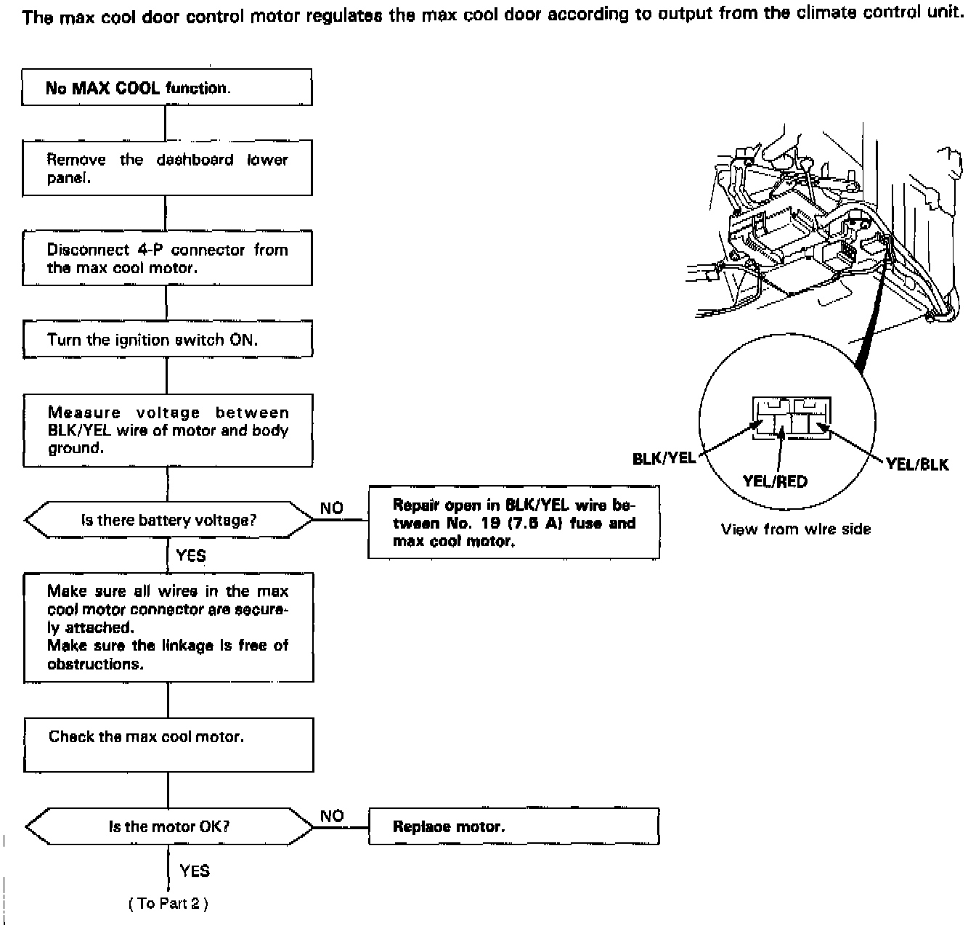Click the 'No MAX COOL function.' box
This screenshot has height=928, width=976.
(167, 88)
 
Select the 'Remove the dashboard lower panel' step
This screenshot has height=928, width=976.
(167, 168)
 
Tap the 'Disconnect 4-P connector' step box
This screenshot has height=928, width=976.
(167, 259)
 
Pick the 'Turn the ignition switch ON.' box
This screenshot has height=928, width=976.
(167, 340)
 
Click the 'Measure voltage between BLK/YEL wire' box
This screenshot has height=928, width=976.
(168, 431)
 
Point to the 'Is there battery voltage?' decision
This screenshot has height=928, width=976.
(168, 520)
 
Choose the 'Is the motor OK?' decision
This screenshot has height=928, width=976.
(169, 826)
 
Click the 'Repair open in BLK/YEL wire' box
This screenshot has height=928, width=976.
(513, 523)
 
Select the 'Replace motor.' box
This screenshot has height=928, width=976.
(513, 826)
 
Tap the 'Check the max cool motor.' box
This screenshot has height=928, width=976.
(168, 745)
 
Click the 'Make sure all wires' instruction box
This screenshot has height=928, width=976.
(168, 627)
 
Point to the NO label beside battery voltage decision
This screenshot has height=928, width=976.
(331, 508)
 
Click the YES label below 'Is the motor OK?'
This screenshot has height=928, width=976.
(195, 871)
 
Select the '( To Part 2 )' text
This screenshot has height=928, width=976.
(168, 904)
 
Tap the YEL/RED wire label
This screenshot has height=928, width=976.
(775, 481)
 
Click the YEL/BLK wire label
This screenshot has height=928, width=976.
(917, 465)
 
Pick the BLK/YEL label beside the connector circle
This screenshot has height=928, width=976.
(664, 458)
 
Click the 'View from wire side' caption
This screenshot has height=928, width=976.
(795, 529)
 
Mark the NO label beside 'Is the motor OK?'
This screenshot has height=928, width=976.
(332, 816)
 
